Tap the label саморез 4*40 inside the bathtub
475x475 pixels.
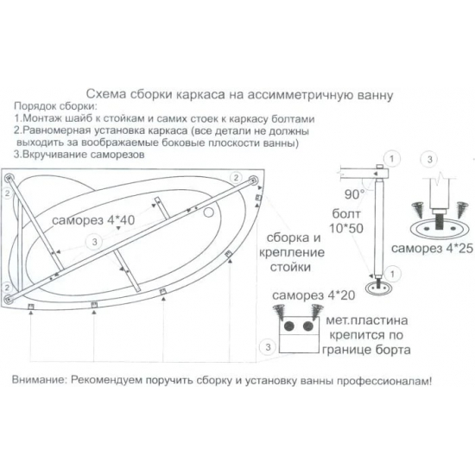[91, 221]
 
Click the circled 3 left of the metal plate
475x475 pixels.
[269, 346]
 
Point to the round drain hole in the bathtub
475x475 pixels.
[212, 208]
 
